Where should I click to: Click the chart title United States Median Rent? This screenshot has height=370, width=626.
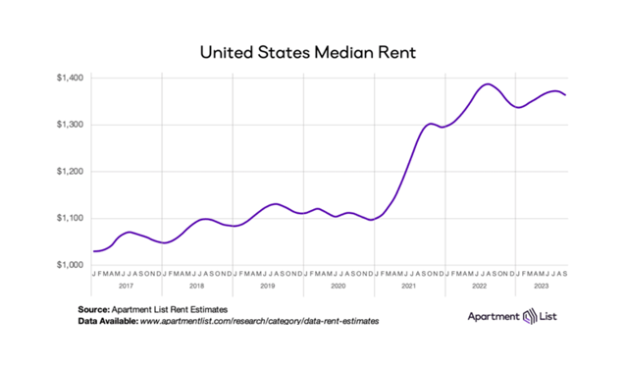(312, 49)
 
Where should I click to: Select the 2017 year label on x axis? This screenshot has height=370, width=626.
(127, 286)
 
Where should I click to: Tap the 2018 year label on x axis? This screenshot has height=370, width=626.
(197, 286)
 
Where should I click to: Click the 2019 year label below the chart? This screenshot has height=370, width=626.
(268, 286)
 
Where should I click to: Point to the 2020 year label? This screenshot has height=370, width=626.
(339, 286)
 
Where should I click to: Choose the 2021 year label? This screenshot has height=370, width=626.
(409, 286)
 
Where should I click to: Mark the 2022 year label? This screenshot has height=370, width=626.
(480, 286)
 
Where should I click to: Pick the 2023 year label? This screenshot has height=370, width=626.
(541, 286)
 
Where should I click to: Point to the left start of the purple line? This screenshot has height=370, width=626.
(94, 251)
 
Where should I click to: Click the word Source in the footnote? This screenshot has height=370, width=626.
(95, 309)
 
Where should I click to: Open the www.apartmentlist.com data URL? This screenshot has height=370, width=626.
(259, 321)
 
